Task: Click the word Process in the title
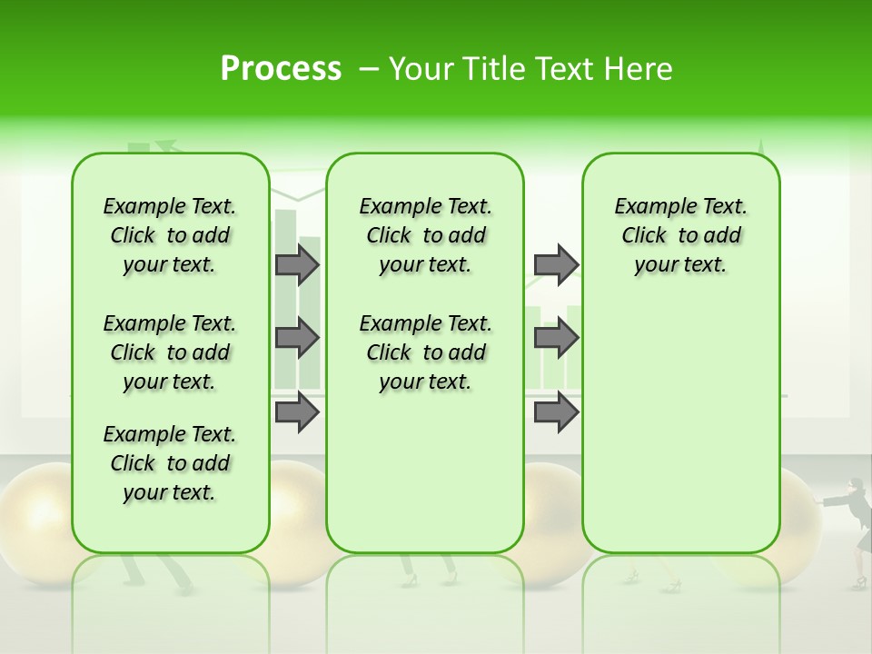point(281,69)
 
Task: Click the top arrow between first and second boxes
point(297,264)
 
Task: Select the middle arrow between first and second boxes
point(297,338)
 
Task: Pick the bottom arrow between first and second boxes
point(297,412)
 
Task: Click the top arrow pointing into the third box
point(556,264)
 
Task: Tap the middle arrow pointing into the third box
point(556,338)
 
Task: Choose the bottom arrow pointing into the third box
point(556,412)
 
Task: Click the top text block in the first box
point(170,235)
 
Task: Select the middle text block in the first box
point(170,352)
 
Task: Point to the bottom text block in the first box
point(170,463)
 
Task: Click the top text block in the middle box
point(426,235)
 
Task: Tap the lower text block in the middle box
point(426,352)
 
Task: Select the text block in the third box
point(681,235)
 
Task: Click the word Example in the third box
point(649,207)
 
